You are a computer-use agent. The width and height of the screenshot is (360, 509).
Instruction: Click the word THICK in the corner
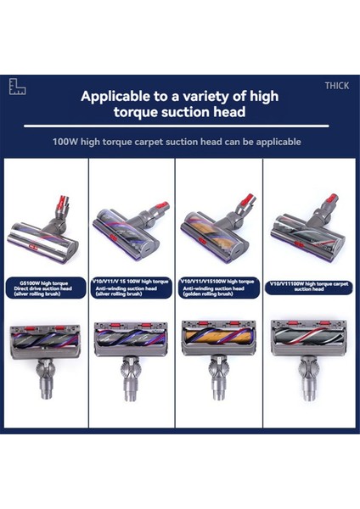tap(336, 86)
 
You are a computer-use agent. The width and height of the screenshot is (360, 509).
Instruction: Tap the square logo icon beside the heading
tap(18, 87)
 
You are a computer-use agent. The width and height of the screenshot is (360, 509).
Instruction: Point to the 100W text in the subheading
tap(66, 142)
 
